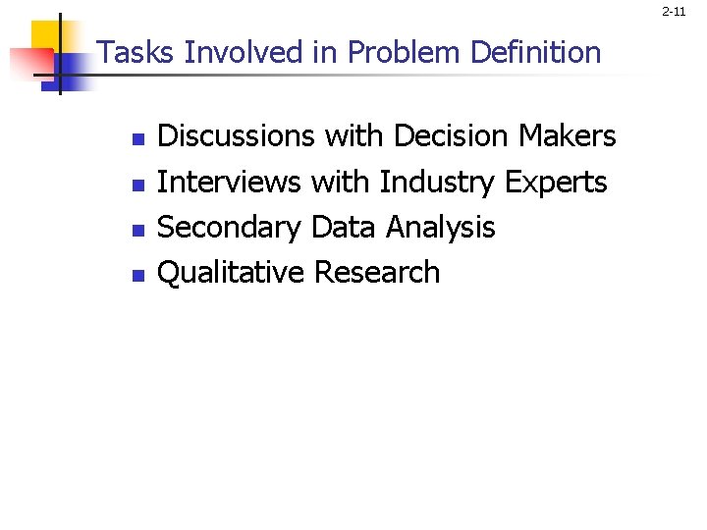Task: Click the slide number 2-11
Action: pos(674,12)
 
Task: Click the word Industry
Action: pos(437,183)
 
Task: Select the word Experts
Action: pos(556,183)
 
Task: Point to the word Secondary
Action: pos(229,228)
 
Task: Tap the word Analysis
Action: pos(440,228)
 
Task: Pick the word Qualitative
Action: pos(231,273)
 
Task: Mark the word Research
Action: pos(377,272)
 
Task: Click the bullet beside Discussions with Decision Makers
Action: pos(138,139)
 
